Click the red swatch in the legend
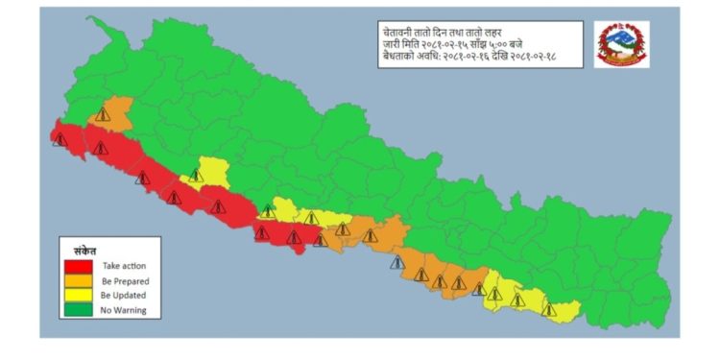(78, 266)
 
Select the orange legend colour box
(78, 280)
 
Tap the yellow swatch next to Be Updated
(78, 295)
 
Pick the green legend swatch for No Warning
(78, 309)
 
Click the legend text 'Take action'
(123, 266)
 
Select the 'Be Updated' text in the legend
(123, 295)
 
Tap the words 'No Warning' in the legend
(123, 309)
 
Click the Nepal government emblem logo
(622, 43)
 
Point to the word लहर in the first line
(496, 33)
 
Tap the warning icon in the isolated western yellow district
(196, 176)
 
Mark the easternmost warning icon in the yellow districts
(549, 309)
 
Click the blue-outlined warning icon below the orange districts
(395, 261)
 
